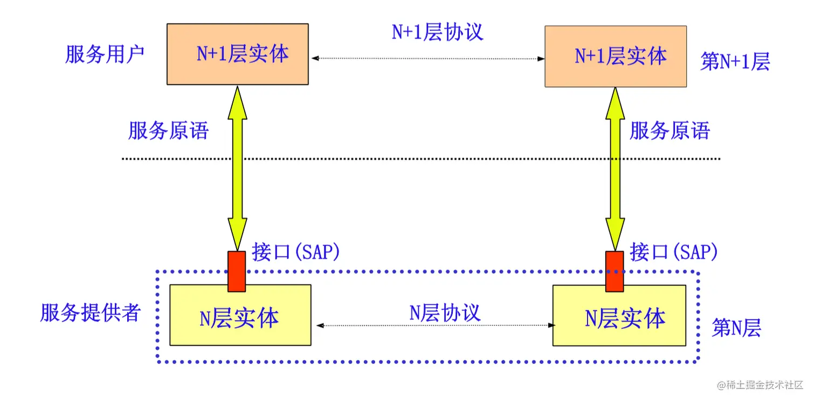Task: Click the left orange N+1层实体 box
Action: coord(238,54)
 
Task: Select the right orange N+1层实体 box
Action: coord(616,56)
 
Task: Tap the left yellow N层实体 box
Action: coord(240,316)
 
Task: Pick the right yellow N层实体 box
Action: coord(619,316)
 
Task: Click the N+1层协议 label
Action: coord(437,32)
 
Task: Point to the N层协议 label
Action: coord(445,312)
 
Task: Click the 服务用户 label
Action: coord(105,54)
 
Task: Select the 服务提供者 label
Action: coord(91,312)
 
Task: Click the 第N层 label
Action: coord(736,328)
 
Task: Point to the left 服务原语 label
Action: coord(168,131)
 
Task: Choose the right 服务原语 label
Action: coord(670,131)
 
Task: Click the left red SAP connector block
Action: coord(237,271)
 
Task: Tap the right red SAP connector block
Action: coord(614,271)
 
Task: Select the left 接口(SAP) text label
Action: coord(296,252)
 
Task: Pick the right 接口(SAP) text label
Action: coord(674,252)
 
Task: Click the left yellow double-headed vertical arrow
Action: coord(237,167)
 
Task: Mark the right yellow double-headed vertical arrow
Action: coord(615,167)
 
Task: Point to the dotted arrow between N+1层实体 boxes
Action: coord(427,58)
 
